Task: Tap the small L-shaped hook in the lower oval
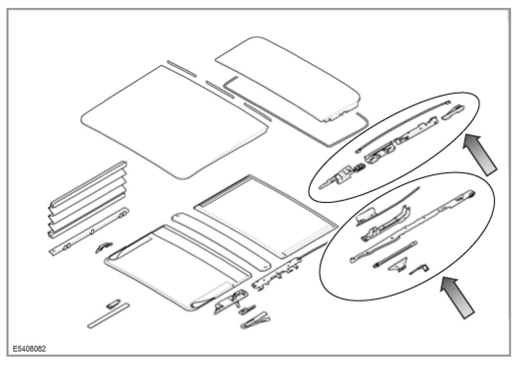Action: [x=420, y=268]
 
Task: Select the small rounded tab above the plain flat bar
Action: [x=113, y=302]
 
